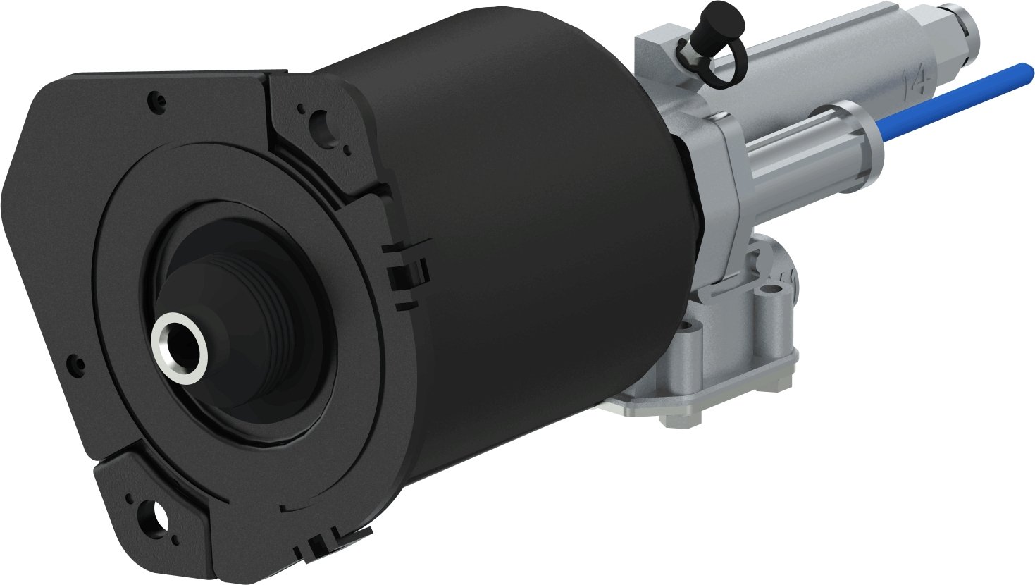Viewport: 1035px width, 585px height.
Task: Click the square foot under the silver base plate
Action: (x=681, y=416)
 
